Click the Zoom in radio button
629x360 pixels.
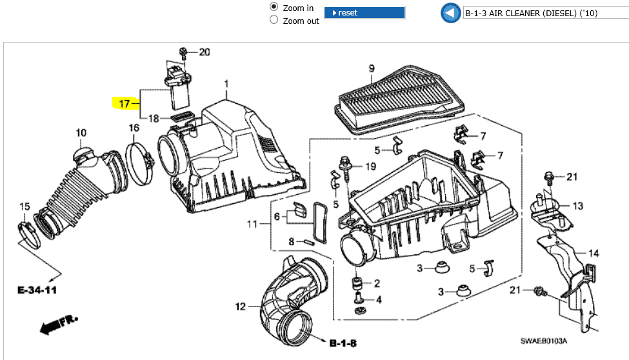click(x=274, y=7)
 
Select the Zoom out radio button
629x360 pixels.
click(x=274, y=20)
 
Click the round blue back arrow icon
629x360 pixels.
click(x=450, y=13)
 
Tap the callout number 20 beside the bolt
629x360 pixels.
click(x=204, y=52)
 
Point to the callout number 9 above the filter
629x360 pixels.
click(x=372, y=68)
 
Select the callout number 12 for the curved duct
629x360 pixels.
click(x=240, y=306)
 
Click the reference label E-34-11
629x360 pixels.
click(x=37, y=290)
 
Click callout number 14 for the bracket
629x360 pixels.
click(x=594, y=254)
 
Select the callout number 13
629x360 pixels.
click(x=577, y=206)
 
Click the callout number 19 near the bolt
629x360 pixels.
click(x=370, y=166)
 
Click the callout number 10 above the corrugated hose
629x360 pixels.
click(x=81, y=134)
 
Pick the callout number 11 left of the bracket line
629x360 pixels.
click(x=252, y=224)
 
